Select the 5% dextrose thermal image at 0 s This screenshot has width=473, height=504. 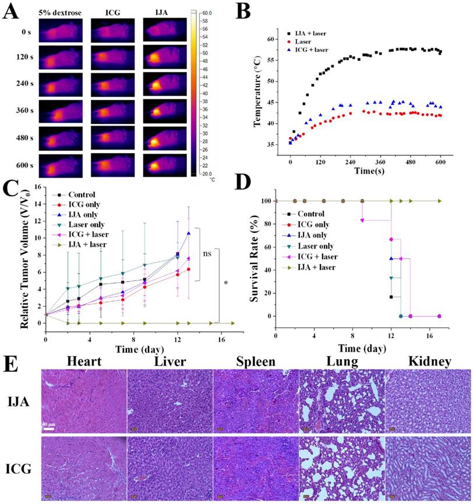pyautogui.click(x=61, y=30)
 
